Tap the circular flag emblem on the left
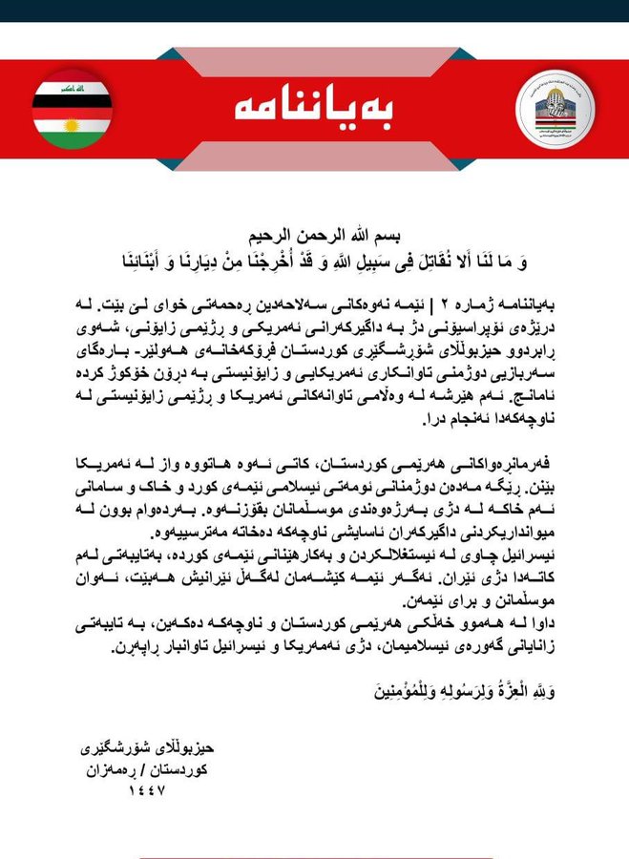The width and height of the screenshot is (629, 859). [x=72, y=108]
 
